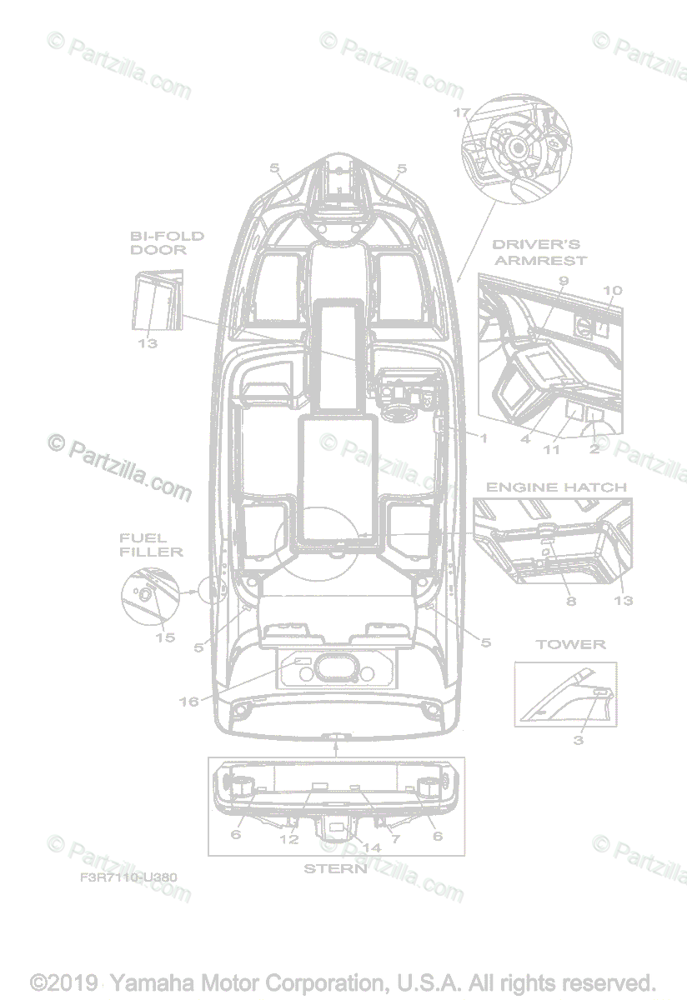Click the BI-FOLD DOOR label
[x=167, y=242]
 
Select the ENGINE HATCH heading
[x=556, y=487]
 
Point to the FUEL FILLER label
[x=150, y=545]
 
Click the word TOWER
[x=570, y=644]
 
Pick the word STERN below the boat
[x=334, y=868]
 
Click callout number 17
[x=463, y=112]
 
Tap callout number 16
[x=189, y=702]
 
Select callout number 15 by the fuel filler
[x=165, y=637]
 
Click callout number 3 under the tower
[x=578, y=740]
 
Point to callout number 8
[x=571, y=601]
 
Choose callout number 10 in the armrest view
[x=612, y=291]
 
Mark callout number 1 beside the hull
[x=482, y=437]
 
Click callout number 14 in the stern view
[x=372, y=847]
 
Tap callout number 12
[x=288, y=839]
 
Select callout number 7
[x=395, y=839]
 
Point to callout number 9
[x=564, y=282]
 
